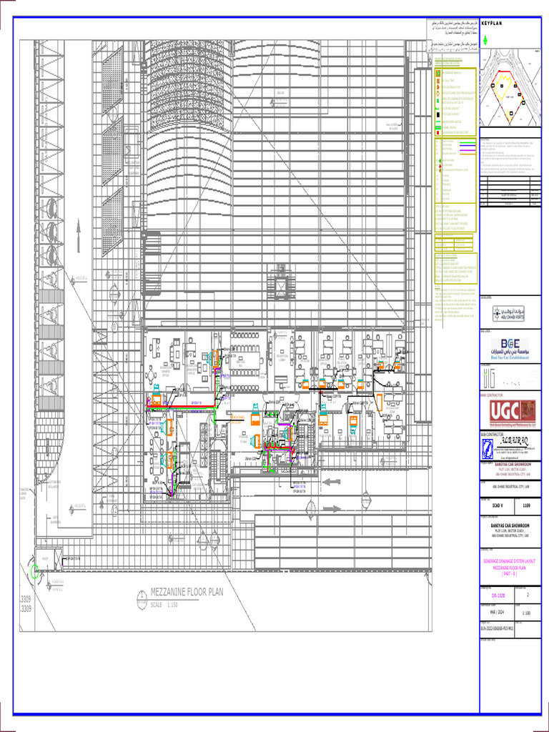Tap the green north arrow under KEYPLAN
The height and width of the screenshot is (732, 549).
[x=486, y=41]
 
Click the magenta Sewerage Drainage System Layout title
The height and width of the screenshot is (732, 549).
[x=511, y=564]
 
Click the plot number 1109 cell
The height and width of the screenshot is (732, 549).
[x=527, y=505]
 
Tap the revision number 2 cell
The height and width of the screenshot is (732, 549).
[x=528, y=594]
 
